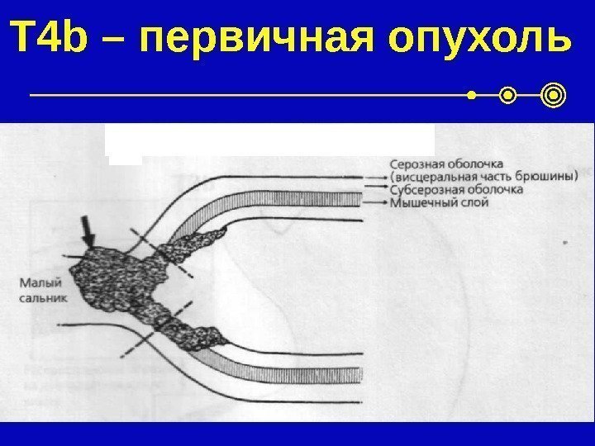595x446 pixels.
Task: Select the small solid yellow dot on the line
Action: pyautogui.click(x=472, y=97)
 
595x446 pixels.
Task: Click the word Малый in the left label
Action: pyautogui.click(x=36, y=282)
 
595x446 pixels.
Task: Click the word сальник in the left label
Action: pyautogui.click(x=40, y=296)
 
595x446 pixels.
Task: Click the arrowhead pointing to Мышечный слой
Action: pyautogui.click(x=383, y=201)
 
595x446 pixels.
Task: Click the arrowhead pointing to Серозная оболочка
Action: pyautogui.click(x=383, y=176)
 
